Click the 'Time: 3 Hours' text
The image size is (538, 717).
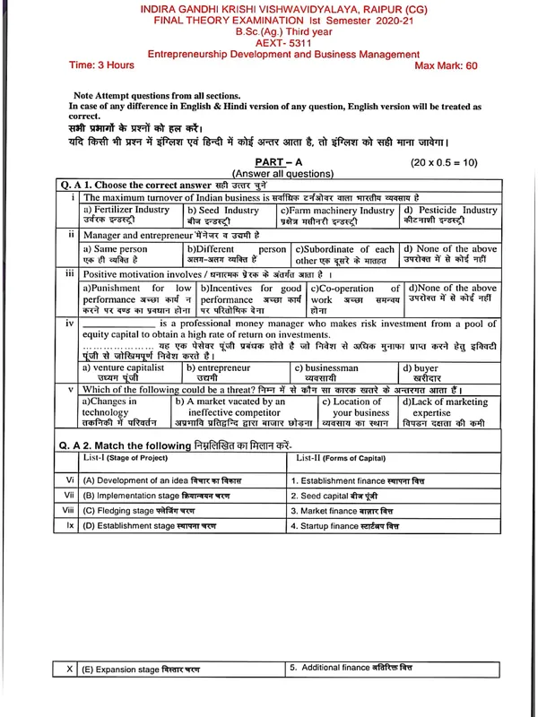pos(102,65)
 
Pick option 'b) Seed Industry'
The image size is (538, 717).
pos(223,210)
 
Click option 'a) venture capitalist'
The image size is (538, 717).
pos(124,367)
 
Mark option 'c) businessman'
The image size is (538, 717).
pos(326,367)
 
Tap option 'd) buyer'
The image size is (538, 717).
pos(420,367)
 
